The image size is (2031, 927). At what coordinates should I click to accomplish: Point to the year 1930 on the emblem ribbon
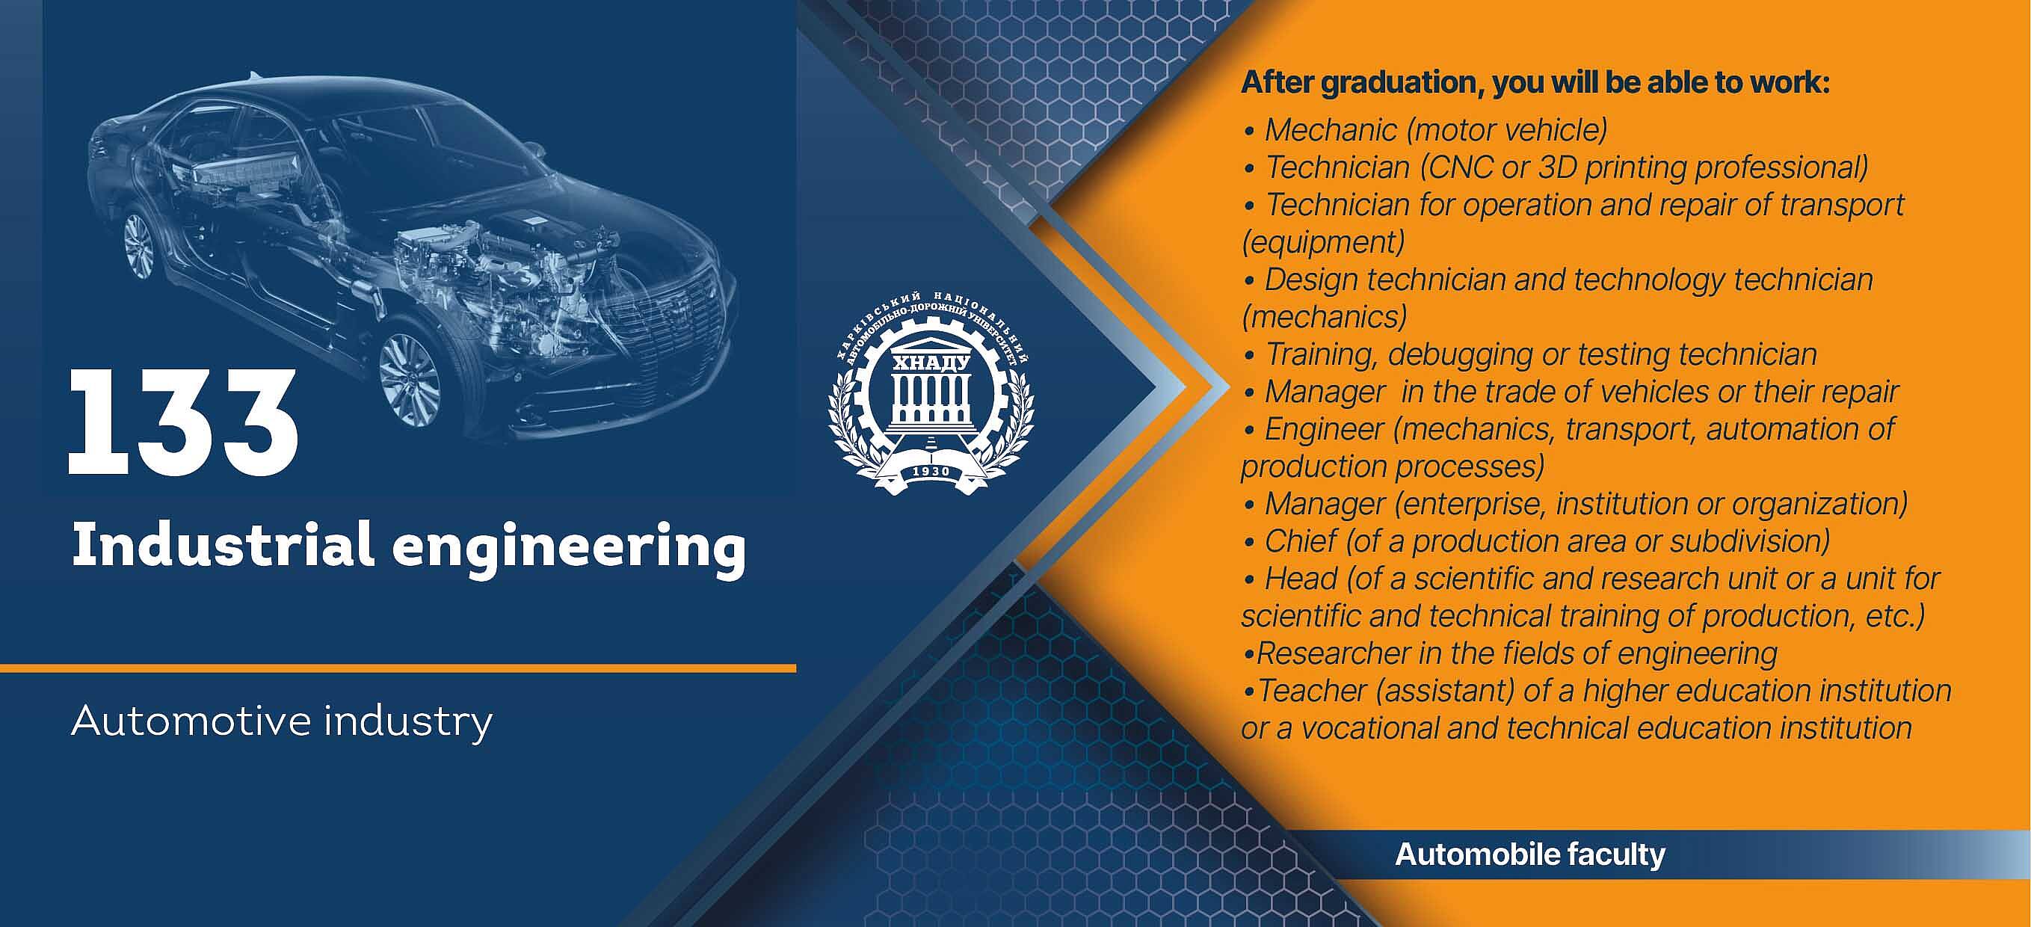(x=931, y=472)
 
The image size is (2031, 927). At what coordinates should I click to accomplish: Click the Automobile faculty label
(x=1530, y=854)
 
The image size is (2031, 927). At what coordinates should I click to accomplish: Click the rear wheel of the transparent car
(x=140, y=245)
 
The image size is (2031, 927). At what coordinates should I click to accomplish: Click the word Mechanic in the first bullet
(x=1331, y=130)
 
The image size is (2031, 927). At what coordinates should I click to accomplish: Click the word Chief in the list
(x=1301, y=541)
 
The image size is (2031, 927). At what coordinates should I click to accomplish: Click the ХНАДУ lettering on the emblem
(x=931, y=364)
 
